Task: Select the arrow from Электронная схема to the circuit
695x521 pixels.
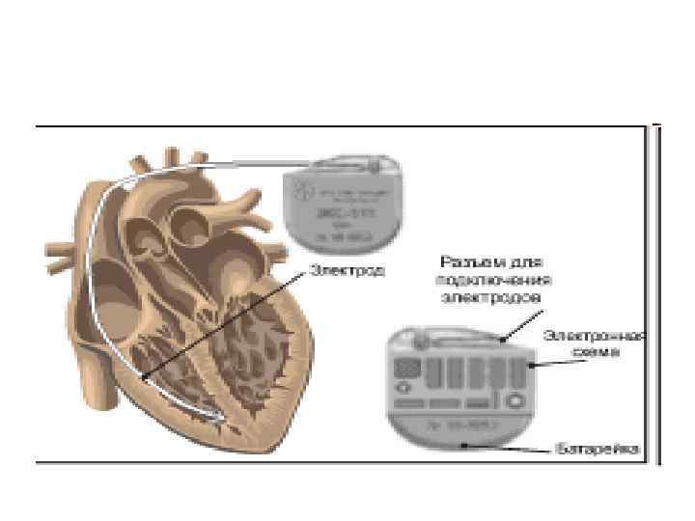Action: click(548, 364)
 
